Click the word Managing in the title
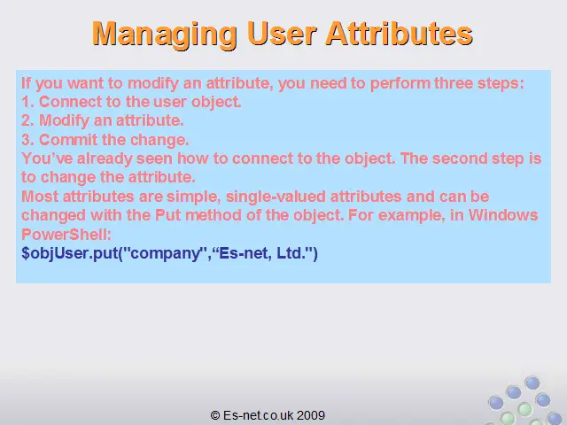(165, 35)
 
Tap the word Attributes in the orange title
(400, 34)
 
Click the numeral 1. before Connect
(27, 102)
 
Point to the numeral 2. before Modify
(27, 120)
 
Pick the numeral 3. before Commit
(27, 140)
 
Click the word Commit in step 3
(68, 140)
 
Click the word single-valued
(276, 197)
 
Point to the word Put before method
(168, 215)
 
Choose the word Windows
(503, 215)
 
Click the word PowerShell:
(66, 234)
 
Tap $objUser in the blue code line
(55, 253)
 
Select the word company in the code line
(166, 254)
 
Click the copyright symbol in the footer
(215, 415)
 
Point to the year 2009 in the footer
(311, 415)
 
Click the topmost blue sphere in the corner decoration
(532, 382)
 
